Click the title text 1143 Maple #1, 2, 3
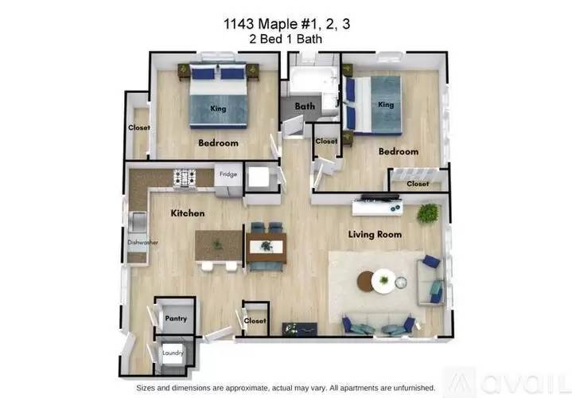(x=286, y=25)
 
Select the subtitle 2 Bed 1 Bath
(x=286, y=39)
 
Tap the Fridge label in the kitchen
(x=228, y=174)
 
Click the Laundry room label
(x=173, y=353)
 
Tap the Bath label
(x=305, y=106)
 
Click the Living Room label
(x=375, y=234)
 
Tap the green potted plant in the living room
(x=429, y=213)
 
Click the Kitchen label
(x=188, y=213)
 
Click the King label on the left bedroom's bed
(x=218, y=108)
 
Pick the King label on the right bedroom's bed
(x=386, y=104)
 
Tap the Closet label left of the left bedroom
(x=140, y=127)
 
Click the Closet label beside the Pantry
(x=255, y=321)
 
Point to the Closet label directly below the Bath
(x=326, y=141)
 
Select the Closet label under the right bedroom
(x=418, y=184)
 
